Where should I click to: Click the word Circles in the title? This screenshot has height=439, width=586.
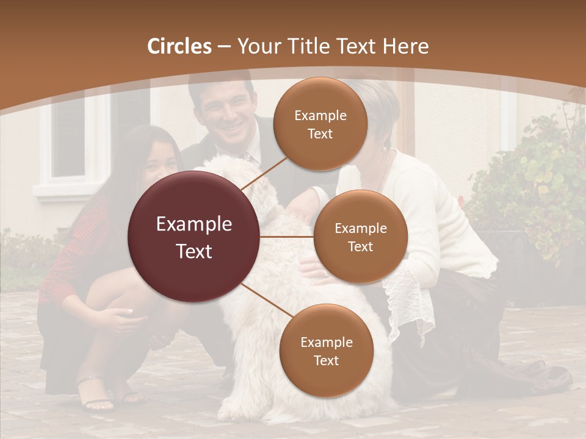(179, 46)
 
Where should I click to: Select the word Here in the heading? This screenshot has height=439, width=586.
(407, 46)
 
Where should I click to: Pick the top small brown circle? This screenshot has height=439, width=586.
(320, 124)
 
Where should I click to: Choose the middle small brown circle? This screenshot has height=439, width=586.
(360, 237)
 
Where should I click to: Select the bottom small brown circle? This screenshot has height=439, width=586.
(326, 351)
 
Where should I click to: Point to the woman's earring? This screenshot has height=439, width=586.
(385, 148)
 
